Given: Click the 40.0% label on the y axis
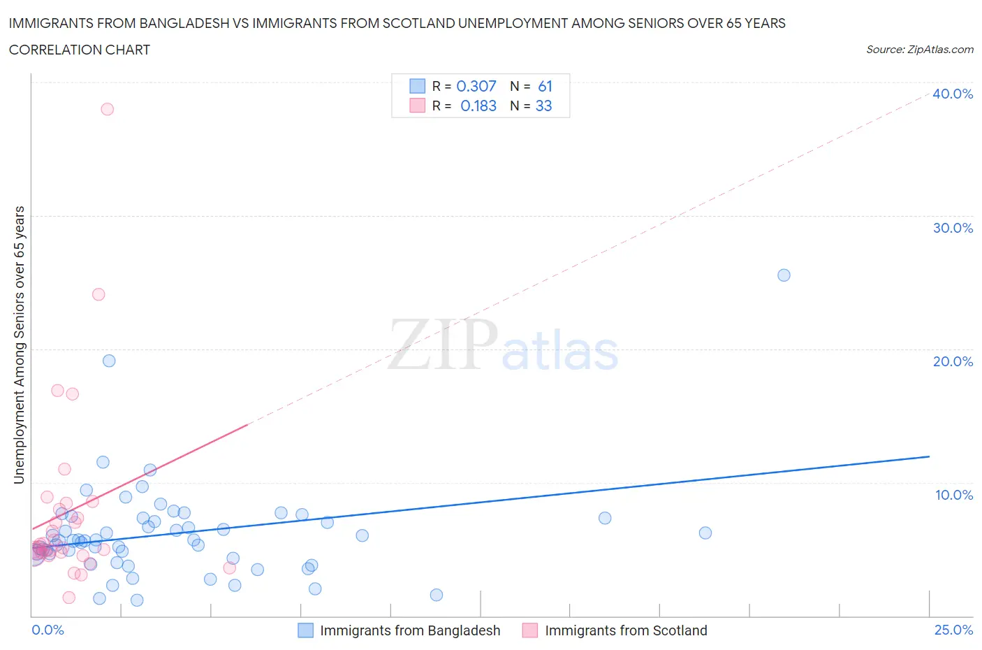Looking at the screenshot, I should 953,94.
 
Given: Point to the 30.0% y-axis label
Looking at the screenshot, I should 953,228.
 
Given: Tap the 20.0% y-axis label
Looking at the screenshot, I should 953,361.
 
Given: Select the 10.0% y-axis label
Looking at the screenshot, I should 953,495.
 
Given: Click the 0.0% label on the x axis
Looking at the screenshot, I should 47,630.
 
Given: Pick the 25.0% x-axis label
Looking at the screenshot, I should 953,630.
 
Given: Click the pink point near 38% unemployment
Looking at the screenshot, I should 107,109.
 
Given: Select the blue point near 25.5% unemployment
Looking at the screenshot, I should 784,275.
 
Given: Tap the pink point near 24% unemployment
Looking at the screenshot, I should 98,294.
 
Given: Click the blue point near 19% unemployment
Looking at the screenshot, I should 109,361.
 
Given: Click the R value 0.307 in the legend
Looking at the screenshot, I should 476,86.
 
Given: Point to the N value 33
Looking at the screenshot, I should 543,106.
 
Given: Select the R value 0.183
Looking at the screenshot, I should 478,106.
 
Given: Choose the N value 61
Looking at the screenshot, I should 545,86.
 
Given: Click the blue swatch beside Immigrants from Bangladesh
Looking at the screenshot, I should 305,630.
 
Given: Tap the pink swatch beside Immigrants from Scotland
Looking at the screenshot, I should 530,630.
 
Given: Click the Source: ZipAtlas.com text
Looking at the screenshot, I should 919,49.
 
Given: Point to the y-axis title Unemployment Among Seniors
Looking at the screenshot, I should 20,345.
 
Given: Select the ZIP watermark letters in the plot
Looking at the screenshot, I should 443,345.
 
